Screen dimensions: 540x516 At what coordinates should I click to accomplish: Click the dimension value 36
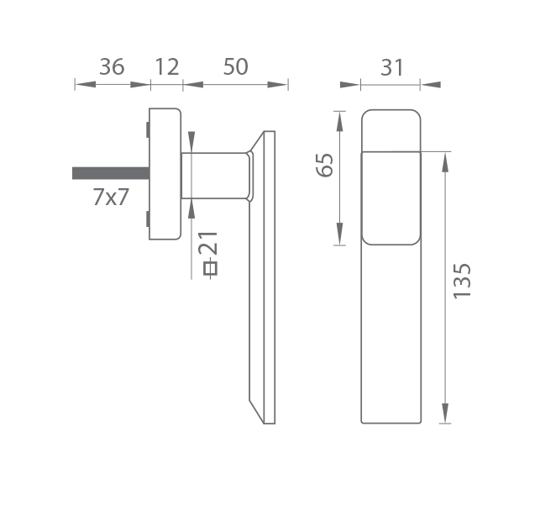click(112, 67)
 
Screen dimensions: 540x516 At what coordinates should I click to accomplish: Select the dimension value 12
click(167, 67)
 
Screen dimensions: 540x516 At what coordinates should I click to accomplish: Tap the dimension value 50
click(235, 67)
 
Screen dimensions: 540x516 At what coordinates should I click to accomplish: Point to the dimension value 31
click(392, 67)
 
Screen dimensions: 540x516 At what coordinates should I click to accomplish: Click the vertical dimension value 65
click(325, 165)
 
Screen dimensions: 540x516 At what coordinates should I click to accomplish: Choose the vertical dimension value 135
click(462, 281)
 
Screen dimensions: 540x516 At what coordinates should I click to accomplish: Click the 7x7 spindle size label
click(111, 197)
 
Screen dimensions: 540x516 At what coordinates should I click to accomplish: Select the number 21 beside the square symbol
click(208, 244)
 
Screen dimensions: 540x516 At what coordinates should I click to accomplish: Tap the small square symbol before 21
click(211, 268)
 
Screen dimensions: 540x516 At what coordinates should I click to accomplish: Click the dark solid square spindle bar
click(111, 173)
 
